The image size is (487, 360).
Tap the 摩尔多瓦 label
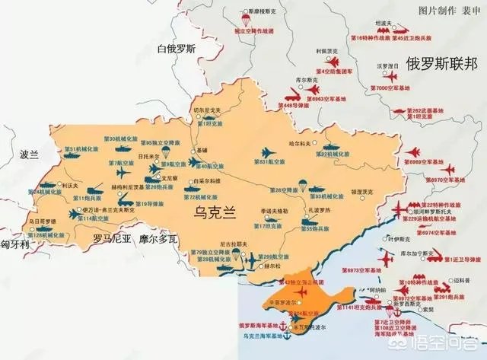[158, 238]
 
